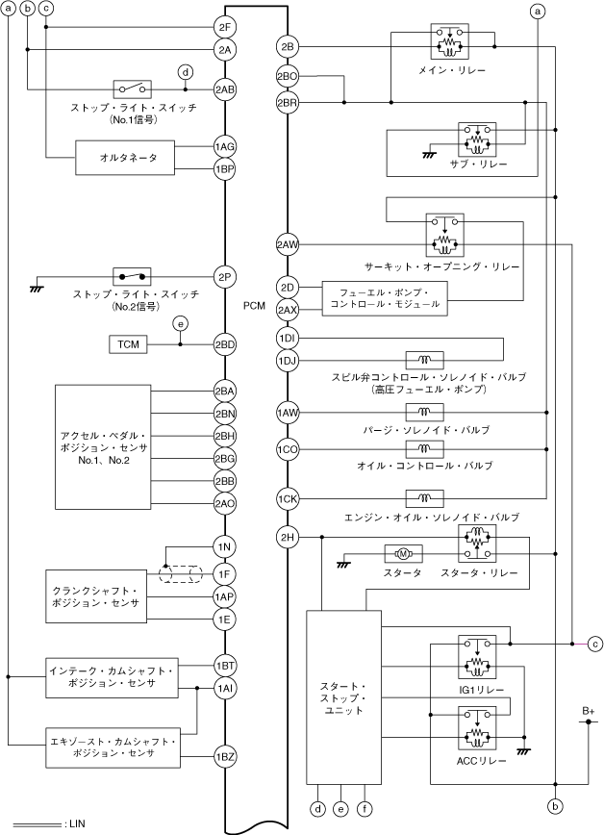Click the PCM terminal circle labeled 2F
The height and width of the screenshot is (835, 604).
224,27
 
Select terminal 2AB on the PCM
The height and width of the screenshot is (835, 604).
224,89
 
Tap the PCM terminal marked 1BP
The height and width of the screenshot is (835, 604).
224,170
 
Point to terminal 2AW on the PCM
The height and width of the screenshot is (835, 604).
288,245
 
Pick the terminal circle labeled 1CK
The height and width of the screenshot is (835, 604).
288,499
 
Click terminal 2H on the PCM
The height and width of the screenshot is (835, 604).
288,538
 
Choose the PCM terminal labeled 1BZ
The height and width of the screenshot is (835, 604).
224,756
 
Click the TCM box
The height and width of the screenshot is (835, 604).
128,344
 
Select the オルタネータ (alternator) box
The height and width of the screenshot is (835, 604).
125,158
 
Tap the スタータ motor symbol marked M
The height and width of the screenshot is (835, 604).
403,554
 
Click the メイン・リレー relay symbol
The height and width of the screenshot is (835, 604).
449,41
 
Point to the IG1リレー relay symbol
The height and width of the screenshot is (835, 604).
477,657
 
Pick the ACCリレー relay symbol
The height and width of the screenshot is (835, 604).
477,728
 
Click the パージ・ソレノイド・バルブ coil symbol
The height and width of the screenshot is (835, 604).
424,412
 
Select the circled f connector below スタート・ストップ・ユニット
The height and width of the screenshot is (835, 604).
365,809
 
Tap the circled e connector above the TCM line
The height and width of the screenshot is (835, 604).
180,323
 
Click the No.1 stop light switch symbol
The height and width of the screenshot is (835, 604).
132,89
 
